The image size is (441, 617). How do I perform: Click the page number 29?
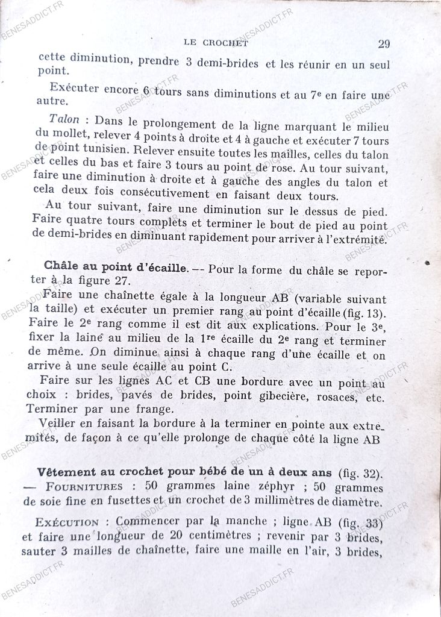pyautogui.click(x=384, y=43)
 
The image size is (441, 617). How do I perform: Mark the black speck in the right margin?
pyautogui.click(x=427, y=263)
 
